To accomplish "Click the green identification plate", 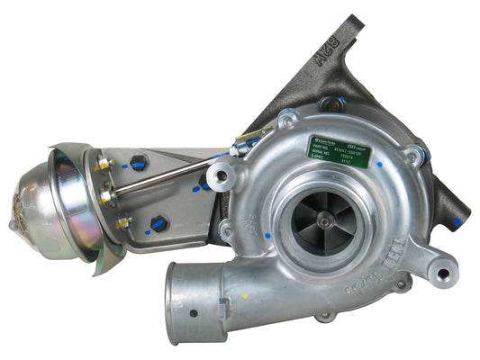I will click(340, 148).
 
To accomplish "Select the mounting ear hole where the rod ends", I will click(221, 174).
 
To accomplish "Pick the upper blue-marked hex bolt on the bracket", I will click(137, 166).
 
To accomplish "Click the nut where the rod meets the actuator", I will click(105, 193).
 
